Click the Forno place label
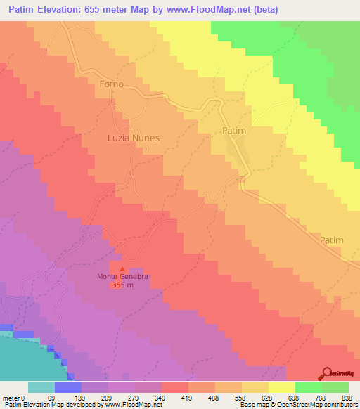pyautogui.click(x=112, y=84)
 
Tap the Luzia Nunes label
pyautogui.click(x=134, y=138)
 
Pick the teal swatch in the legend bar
pyautogui.click(x=41, y=387)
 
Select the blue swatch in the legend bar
pyautogui.click(x=67, y=387)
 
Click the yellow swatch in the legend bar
pyautogui.click(x=281, y=387)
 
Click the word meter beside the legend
pyautogui.click(x=11, y=398)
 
